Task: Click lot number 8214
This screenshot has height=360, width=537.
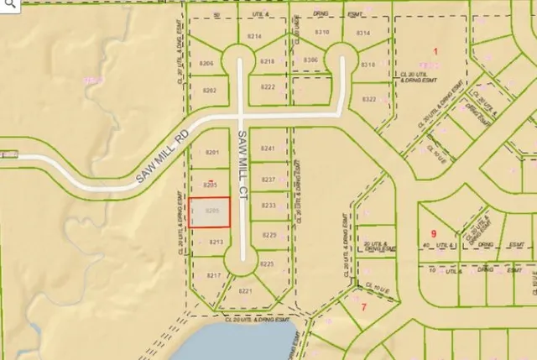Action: (255, 37)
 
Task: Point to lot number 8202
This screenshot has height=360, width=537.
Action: (211, 90)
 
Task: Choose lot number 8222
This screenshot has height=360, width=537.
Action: (268, 87)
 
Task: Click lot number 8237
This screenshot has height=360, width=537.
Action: (268, 180)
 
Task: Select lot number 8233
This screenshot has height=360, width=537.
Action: (269, 206)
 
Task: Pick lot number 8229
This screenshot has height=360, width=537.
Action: (269, 235)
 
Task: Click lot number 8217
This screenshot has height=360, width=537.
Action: (213, 275)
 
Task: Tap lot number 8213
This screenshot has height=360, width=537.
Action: (216, 243)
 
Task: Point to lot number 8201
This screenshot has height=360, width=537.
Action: (212, 153)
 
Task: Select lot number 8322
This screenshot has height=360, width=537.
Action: (369, 99)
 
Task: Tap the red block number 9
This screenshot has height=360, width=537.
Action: (434, 233)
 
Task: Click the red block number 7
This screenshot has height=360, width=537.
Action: (364, 306)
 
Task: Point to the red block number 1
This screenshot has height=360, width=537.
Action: (435, 52)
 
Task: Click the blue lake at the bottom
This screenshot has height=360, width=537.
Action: (243, 344)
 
